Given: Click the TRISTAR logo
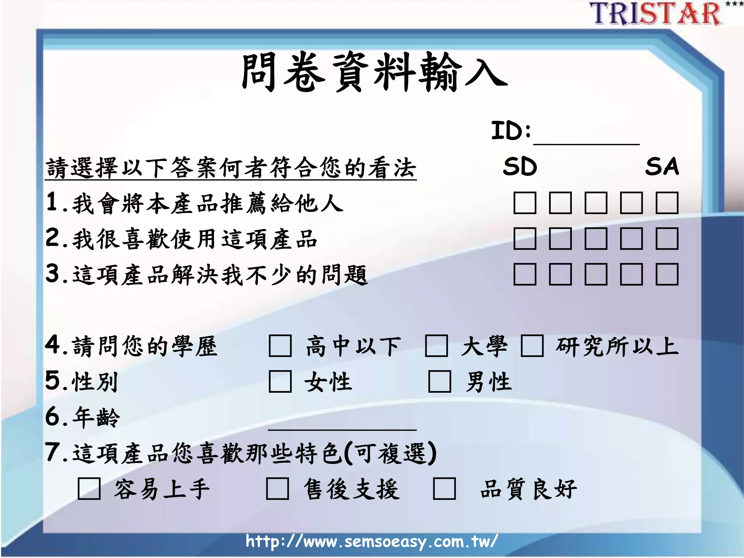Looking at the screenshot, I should (x=656, y=14).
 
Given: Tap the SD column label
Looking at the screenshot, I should (x=519, y=167).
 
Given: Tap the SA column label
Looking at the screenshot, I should (x=662, y=167).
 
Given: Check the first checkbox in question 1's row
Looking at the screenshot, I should (x=525, y=203).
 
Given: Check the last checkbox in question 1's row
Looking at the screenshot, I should (x=667, y=203).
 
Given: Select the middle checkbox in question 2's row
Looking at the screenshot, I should (x=596, y=239).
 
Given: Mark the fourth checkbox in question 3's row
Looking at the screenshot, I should (x=631, y=274).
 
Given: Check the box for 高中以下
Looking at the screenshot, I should (x=280, y=346).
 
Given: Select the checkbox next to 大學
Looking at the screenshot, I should (x=436, y=346).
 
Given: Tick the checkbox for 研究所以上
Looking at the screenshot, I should (x=532, y=346).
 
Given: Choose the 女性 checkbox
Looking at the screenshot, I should (x=280, y=381).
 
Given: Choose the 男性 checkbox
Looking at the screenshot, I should (x=440, y=381).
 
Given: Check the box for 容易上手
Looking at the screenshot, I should (x=89, y=489).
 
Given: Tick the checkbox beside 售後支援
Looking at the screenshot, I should (x=277, y=489).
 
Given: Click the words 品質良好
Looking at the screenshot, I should (x=528, y=489).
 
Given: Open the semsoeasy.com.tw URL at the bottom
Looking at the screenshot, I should (x=371, y=541).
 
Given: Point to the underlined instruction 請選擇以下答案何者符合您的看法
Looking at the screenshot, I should (x=231, y=168).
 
